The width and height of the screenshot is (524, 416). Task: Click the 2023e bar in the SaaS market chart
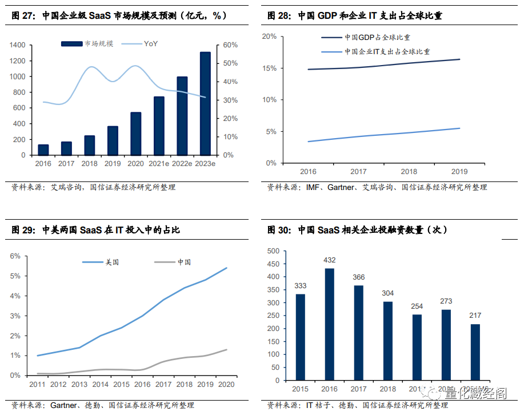tap(205, 103)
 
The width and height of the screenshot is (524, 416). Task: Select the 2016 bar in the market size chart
tap(43, 150)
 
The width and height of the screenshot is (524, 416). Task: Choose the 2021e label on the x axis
tap(159, 164)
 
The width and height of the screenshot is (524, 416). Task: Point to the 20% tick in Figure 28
tap(269, 37)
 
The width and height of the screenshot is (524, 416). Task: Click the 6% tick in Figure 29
tap(15, 256)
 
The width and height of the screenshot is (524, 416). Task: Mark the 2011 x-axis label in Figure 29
tap(37, 385)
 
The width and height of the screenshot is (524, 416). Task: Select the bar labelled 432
tap(329, 324)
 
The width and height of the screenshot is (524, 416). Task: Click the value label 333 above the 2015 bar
tap(300, 286)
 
